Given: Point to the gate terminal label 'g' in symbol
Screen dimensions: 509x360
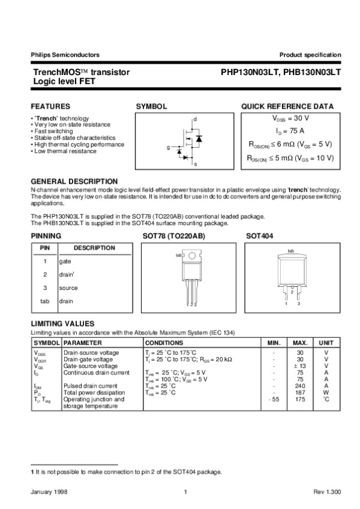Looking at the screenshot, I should (168, 147).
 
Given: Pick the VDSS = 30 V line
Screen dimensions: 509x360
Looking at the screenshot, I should (291, 119).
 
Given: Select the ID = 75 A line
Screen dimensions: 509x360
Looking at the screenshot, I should (290, 131).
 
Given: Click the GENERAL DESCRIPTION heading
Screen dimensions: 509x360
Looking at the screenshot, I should (74, 181).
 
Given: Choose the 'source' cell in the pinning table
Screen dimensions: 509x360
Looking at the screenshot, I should (68, 288).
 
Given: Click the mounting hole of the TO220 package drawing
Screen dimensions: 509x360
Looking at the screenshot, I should (191, 256).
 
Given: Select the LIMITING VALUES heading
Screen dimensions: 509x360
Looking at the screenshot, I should (62, 324).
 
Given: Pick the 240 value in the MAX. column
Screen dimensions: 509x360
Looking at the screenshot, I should (300, 386).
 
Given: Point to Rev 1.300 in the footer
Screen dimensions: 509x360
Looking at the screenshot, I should (327, 492).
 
